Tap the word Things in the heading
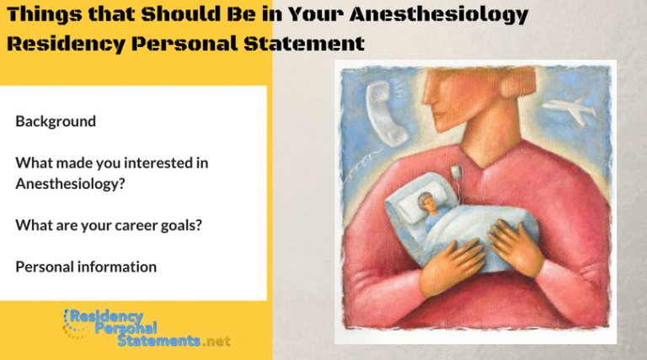click(41, 14)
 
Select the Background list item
click(56, 121)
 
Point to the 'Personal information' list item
click(86, 266)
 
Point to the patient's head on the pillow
click(421, 203)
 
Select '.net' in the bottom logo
click(217, 341)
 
